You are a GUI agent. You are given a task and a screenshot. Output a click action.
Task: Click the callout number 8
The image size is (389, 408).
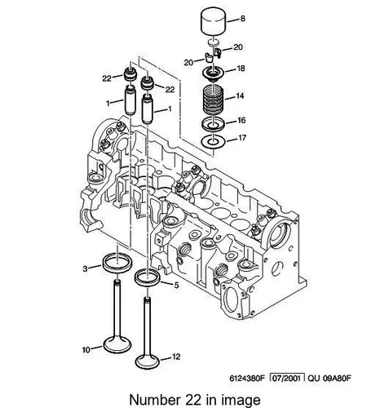tap(242, 19)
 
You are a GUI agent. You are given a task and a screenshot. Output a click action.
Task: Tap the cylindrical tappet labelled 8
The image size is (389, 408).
tap(214, 22)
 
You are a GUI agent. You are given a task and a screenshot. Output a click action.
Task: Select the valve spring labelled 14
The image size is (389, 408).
tap(214, 100)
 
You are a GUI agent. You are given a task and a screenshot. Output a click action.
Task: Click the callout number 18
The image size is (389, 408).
tap(241, 69)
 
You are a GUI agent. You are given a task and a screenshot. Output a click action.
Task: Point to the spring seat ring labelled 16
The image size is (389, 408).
tap(214, 124)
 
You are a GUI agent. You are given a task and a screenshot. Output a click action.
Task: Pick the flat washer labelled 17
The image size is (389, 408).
tap(214, 142)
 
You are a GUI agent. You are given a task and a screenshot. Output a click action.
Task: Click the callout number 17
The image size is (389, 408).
tap(241, 138)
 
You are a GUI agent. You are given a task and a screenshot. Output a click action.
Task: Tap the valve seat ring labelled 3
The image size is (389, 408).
tap(117, 263)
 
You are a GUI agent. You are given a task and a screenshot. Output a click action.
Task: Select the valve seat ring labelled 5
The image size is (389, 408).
tap(148, 277)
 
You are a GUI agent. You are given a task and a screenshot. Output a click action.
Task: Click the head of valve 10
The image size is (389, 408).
tap(117, 345)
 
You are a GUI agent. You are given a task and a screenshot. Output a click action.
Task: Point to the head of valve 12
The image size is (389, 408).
tap(148, 361)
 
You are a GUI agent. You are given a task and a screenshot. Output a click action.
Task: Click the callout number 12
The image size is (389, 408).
tap(176, 357)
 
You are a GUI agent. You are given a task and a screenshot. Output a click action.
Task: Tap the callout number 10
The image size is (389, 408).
tap(86, 350)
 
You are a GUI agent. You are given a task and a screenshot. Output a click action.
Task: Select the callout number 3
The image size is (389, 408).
tap(85, 268)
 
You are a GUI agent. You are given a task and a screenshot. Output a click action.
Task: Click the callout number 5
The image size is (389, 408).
tap(176, 286)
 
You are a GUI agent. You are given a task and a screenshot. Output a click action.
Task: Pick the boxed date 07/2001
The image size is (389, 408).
tap(286, 378)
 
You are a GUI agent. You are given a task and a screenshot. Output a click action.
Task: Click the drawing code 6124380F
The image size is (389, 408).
tap(247, 379)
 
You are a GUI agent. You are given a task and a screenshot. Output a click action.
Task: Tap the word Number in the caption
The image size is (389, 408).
tap(154, 400)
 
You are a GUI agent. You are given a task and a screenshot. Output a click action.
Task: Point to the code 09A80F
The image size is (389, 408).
tap(337, 379)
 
